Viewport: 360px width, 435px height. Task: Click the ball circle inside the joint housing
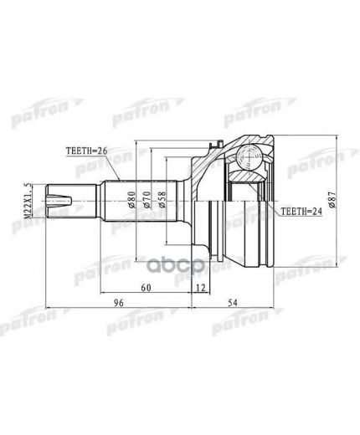[x=249, y=155]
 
